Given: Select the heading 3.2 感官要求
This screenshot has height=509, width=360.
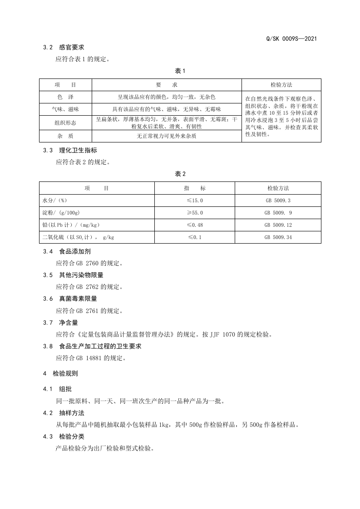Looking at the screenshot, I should (x=64, y=47).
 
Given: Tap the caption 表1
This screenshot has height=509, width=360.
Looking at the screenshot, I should (x=180, y=71).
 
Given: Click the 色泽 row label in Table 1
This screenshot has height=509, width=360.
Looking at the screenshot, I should (x=65, y=97).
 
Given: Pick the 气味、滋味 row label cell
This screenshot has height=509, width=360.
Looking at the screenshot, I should (x=65, y=109).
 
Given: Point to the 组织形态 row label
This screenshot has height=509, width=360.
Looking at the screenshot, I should (x=65, y=122).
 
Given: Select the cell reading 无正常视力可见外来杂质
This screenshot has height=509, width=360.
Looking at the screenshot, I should (x=167, y=136).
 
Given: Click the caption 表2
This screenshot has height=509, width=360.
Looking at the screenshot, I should (x=180, y=174).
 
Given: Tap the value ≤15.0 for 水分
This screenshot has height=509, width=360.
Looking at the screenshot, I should (x=195, y=200).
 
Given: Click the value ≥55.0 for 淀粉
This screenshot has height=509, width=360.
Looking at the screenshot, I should (x=195, y=212).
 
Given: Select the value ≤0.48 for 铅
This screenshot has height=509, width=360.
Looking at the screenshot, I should (x=195, y=225).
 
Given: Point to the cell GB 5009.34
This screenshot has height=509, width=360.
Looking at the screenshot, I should (x=278, y=237).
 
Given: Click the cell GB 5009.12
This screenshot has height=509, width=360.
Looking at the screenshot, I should (x=278, y=225).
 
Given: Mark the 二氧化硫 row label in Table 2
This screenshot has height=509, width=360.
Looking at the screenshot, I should (x=78, y=237).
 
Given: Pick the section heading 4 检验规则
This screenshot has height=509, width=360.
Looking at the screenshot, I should (x=60, y=374).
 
